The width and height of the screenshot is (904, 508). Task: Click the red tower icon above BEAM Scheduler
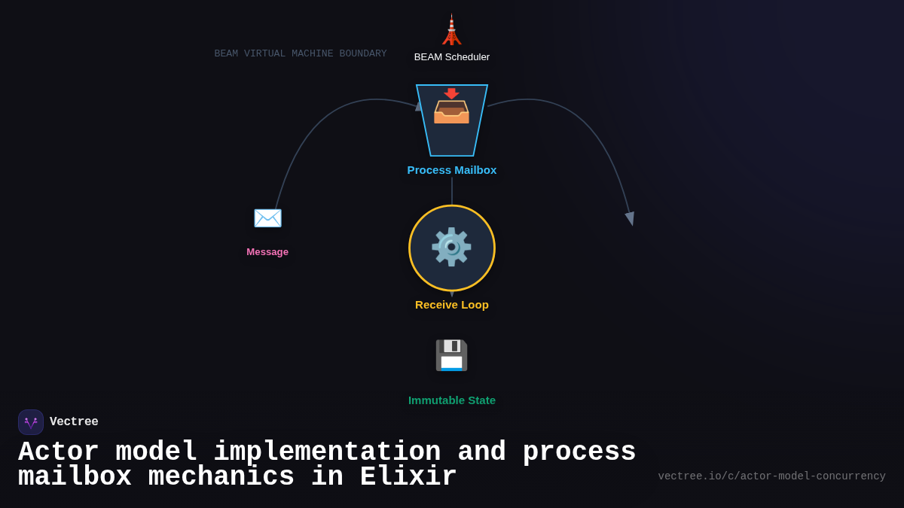pos(451,30)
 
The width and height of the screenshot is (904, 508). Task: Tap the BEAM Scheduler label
pos(452,57)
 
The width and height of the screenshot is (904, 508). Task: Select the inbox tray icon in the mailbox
pos(451,107)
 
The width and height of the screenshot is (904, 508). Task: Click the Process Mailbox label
pos(452,170)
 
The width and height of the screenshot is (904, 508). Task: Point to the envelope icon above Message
pos(267,218)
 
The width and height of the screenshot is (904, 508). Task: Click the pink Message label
pos(267,252)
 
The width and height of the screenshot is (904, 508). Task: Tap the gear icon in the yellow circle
pos(451,248)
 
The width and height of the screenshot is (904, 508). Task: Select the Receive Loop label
pos(452,305)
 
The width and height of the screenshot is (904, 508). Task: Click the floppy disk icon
pos(451,355)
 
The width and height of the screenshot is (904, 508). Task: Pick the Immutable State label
pos(452,400)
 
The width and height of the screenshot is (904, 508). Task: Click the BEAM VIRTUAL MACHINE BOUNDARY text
pos(301,54)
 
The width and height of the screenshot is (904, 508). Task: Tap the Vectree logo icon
pos(31,422)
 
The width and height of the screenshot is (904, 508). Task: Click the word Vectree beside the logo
pos(74,422)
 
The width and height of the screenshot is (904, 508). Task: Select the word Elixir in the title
pos(408,477)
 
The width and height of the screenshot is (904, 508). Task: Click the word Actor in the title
pos(59,452)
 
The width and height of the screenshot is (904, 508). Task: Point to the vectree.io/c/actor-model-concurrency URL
pos(771,476)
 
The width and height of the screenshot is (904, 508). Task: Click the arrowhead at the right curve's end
pos(630,218)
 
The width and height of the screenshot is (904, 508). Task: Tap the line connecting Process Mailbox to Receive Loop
pos(452,190)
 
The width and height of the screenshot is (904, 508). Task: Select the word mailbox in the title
pos(75,477)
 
